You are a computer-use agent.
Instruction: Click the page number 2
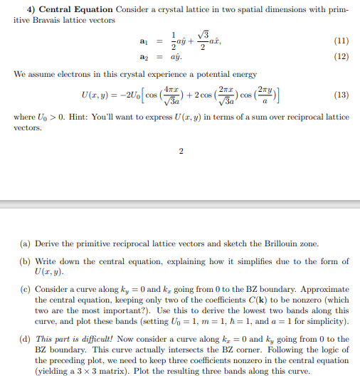(x=181, y=152)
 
